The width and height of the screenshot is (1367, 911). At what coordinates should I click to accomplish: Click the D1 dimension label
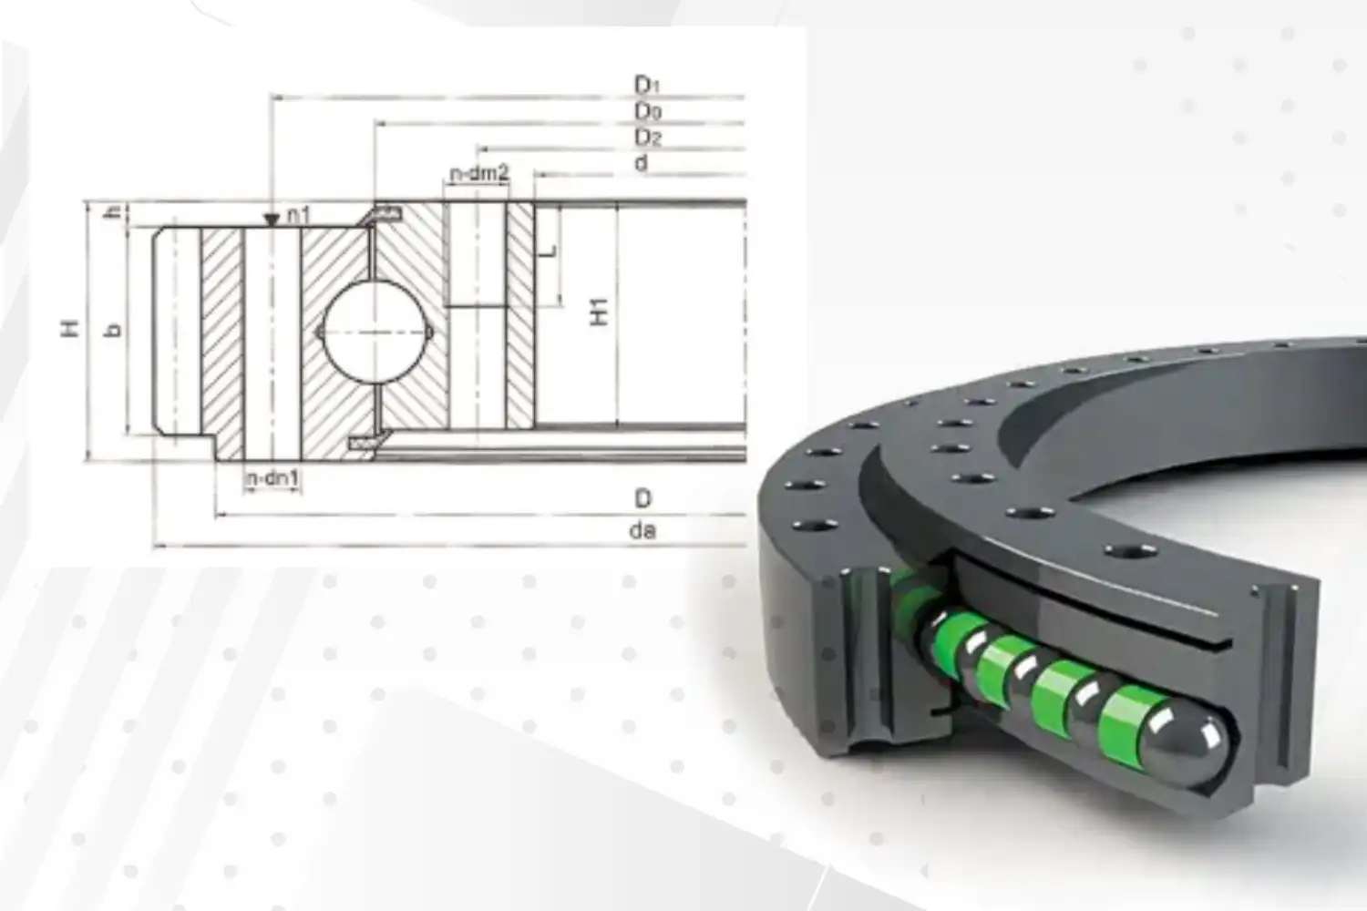tap(646, 85)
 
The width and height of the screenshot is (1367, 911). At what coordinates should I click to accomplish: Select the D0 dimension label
tap(647, 111)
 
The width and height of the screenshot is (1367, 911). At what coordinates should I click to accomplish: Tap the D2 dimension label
tap(647, 138)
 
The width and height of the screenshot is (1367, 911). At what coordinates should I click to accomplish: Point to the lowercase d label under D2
tap(642, 163)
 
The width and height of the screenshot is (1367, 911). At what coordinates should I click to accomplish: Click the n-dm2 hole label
tap(478, 173)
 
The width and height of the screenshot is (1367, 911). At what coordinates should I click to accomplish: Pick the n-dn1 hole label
tap(272, 478)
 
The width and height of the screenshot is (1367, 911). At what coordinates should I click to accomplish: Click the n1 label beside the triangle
tap(298, 215)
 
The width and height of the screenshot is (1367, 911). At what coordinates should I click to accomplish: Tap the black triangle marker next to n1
tap(271, 220)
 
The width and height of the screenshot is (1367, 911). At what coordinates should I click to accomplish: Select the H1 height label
tap(599, 312)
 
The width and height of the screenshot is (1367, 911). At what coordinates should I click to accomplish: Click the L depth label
tap(547, 250)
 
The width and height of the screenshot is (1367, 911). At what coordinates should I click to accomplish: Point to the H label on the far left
tap(69, 329)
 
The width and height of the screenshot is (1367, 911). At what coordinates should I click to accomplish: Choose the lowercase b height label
tap(114, 330)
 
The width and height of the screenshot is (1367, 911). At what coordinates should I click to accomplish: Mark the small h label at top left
tap(114, 213)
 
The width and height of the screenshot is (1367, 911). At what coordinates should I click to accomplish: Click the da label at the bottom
tap(642, 530)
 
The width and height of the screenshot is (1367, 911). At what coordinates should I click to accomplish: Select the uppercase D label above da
tap(643, 498)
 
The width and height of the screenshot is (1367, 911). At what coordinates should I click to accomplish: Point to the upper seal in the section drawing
tap(385, 213)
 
